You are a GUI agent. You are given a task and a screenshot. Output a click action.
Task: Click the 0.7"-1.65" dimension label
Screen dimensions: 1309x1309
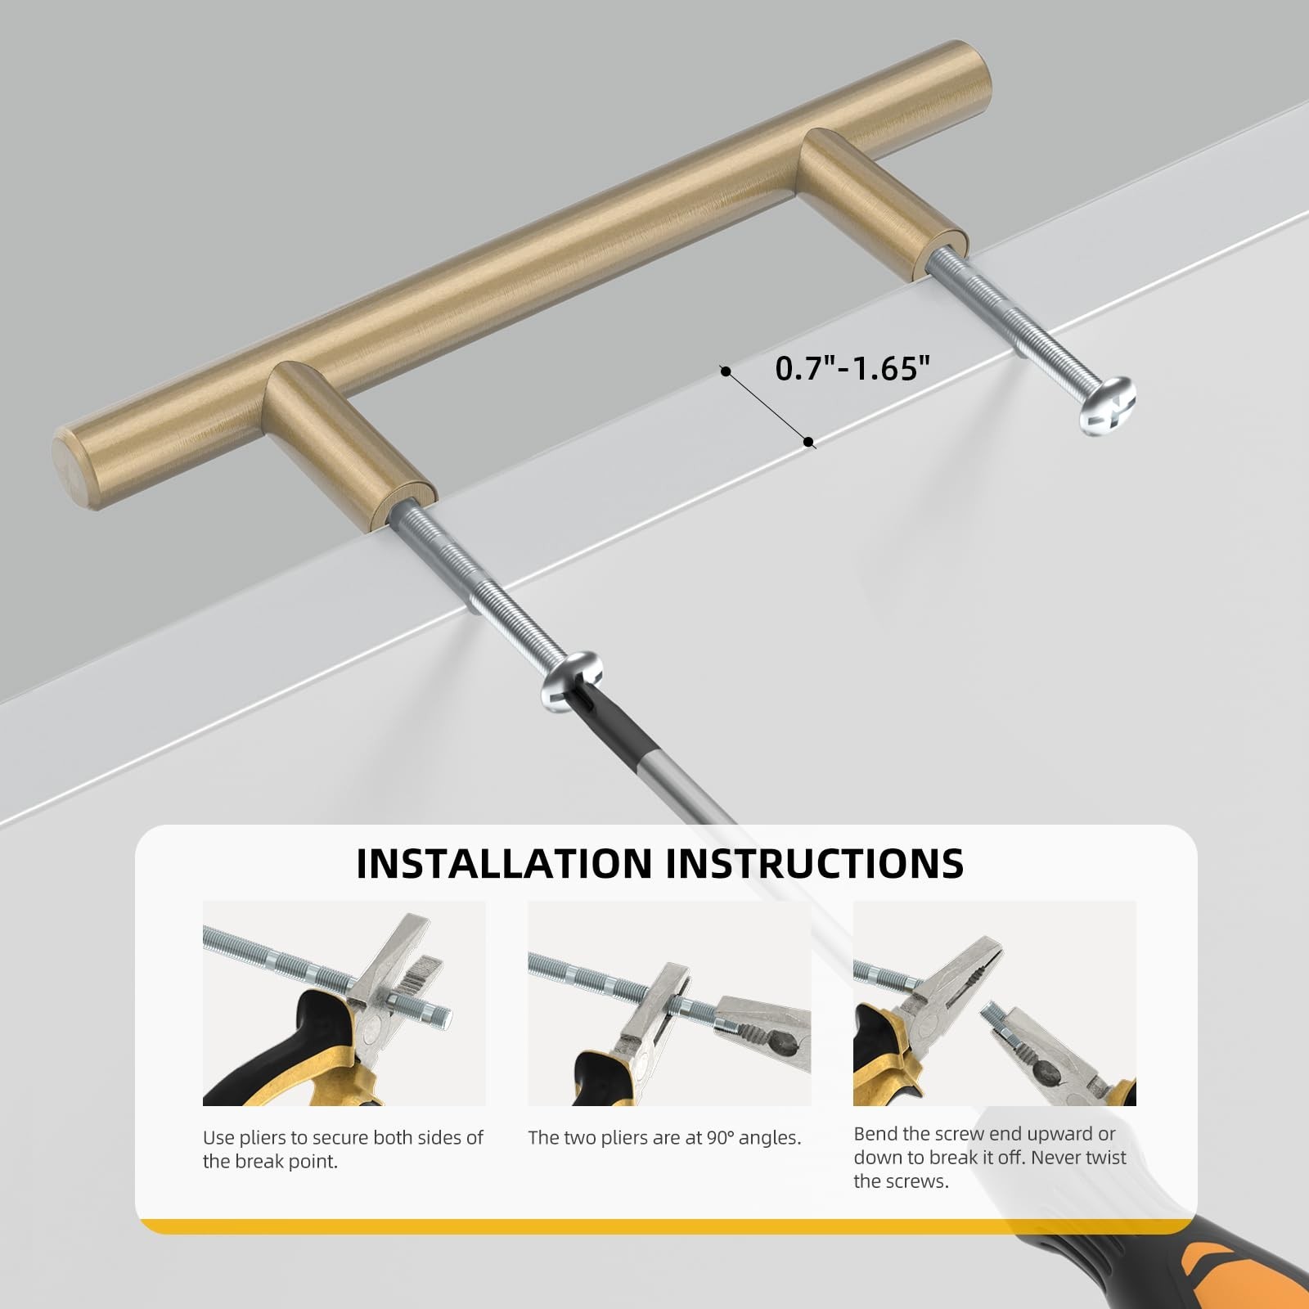coord(853,369)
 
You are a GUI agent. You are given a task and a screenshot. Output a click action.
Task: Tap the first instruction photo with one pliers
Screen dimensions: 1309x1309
coord(344,1004)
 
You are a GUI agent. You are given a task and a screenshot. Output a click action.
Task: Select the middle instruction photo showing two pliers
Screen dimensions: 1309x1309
coord(669,1004)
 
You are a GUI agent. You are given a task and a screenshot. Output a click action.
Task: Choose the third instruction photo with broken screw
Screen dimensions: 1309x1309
coord(995,1004)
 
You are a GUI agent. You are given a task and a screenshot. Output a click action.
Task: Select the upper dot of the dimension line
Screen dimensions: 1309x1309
coord(725,371)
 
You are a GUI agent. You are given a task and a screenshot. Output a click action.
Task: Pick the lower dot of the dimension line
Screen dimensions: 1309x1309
coord(808,442)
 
